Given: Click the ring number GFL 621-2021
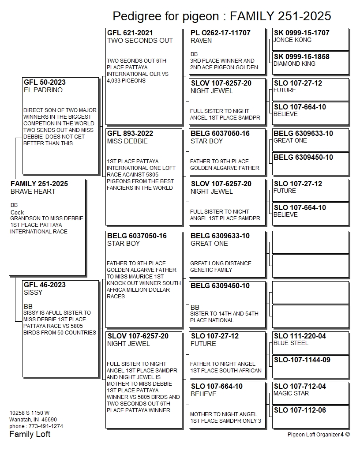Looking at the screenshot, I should (x=130, y=33).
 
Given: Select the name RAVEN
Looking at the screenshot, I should (x=201, y=41).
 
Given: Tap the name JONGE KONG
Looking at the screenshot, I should (x=292, y=40).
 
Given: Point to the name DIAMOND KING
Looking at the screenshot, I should (x=294, y=64).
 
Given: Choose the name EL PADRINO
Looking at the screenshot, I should (x=43, y=90).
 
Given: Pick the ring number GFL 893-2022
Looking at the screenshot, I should (x=130, y=133).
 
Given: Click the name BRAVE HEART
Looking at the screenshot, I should (x=33, y=192).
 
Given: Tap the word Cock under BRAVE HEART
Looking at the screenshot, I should (x=17, y=212).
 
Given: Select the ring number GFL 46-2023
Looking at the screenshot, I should (x=45, y=285).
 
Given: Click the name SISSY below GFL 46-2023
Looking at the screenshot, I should (x=33, y=293).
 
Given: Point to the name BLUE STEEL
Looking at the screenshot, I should (x=291, y=343).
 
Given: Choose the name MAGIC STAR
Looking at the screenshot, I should (x=291, y=393).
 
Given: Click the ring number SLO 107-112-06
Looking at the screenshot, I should (x=300, y=410).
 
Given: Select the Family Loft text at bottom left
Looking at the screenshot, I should (x=30, y=434).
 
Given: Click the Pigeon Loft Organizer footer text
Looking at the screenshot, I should (x=313, y=434).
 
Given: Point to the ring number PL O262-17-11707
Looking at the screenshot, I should (x=220, y=33).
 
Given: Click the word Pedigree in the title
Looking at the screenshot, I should (x=135, y=16).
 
